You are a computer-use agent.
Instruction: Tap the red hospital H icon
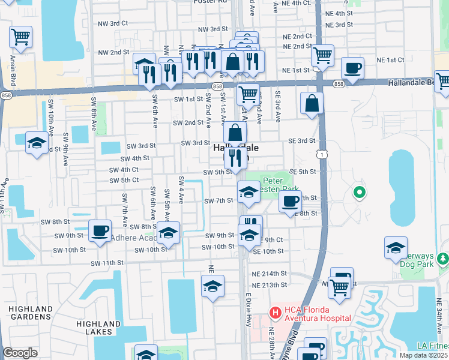(275, 312)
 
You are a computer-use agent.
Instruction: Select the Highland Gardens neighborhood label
(30, 313)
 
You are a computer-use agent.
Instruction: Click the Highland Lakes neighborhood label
(95, 328)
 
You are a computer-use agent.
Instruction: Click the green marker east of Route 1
(360, 193)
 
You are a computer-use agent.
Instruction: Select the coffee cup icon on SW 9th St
(100, 230)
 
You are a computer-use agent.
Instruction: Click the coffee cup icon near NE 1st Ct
(352, 68)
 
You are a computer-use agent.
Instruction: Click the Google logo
(20, 353)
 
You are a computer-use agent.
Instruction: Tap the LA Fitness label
(433, 346)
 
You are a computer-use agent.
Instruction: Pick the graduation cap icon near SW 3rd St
(37, 143)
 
